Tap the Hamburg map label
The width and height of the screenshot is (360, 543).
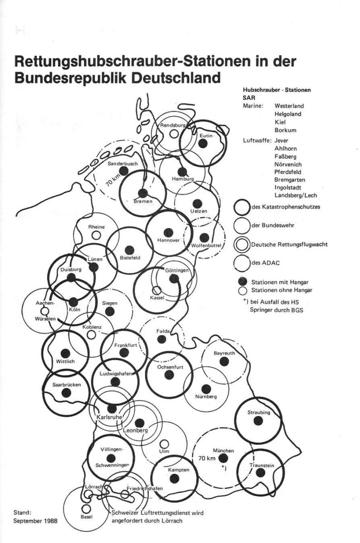[182, 179]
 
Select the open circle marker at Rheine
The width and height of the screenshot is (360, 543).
[96, 235]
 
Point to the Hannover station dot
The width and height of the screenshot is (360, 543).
[169, 232]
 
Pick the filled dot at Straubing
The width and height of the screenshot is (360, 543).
[259, 420]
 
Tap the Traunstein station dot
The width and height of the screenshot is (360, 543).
[259, 472]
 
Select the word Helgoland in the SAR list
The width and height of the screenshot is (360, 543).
[288, 114]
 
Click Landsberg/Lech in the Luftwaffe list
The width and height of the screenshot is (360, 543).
[295, 195]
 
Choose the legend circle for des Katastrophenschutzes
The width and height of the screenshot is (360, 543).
[242, 207]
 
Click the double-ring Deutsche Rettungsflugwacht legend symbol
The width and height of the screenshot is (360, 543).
[242, 244]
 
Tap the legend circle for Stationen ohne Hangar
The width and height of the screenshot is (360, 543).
[242, 290]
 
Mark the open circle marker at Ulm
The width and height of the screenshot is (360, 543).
[165, 444]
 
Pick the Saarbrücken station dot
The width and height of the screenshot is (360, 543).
[66, 392]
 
